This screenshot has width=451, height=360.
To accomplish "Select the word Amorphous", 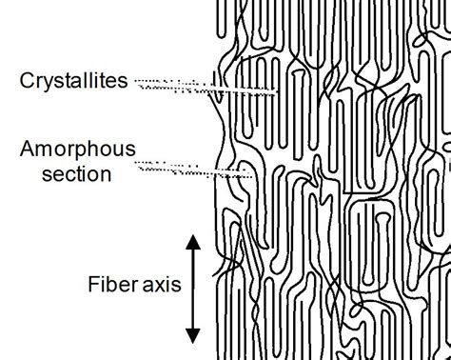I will tap(76, 150).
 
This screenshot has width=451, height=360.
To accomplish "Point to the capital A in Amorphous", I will tap(27, 150).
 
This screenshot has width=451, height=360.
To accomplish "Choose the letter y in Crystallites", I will tap(47, 84).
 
